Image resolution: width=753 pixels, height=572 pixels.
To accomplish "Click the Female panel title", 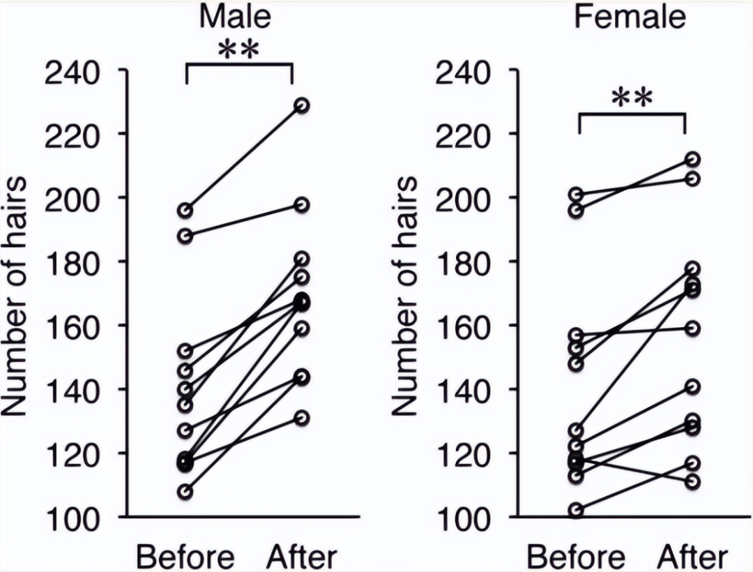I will pos(630,16).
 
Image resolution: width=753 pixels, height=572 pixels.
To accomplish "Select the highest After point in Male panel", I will pos(302,105).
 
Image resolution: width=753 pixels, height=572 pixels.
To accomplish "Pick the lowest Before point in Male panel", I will pos(186,492).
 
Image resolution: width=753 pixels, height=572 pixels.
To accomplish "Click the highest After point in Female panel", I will pos(692,160).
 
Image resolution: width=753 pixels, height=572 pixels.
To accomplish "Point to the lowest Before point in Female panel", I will pos(576,511).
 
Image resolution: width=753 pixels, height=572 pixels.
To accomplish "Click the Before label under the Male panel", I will pos(185,557).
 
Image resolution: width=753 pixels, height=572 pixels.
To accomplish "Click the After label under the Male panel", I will pos(302,557).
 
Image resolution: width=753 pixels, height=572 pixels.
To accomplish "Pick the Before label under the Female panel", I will pos(576,557).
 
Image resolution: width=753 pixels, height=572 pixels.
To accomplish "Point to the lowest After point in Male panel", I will pos(302,418).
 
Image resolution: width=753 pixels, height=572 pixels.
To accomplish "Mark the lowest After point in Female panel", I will pos(692,481).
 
